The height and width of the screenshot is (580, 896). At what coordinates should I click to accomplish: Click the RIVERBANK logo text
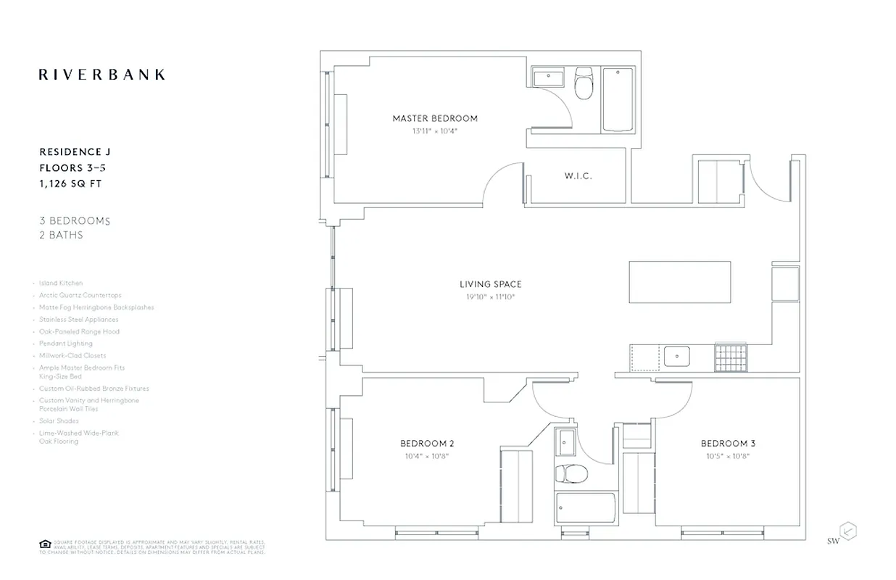pos(101,74)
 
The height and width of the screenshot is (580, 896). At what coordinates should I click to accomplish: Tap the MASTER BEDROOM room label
pos(435,118)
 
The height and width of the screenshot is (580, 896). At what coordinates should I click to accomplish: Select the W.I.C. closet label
pos(578,176)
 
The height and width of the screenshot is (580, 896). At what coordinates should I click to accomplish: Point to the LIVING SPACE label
pos(490,284)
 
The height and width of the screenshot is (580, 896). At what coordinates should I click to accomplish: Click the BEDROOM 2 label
pos(427,444)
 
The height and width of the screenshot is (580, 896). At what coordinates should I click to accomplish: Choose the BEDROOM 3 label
pos(728,444)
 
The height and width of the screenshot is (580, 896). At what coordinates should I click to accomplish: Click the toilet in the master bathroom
pos(584,85)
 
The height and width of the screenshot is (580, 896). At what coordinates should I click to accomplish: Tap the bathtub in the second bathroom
pos(585,511)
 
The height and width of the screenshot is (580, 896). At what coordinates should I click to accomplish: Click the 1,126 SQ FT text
pos(70,184)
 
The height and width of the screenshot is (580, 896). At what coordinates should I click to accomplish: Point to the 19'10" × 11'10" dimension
pos(490,297)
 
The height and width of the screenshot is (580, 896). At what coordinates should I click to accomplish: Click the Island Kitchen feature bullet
pos(61,283)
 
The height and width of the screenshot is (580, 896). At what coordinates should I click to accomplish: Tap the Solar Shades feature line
pos(59,421)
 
